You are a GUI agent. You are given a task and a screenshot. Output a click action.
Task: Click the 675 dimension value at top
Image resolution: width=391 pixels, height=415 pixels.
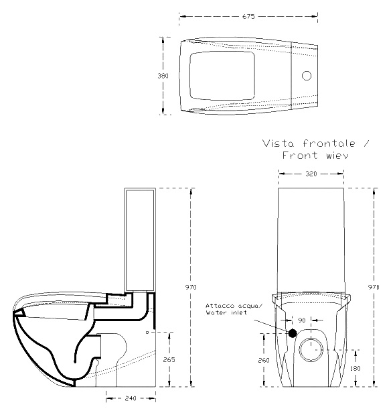248,16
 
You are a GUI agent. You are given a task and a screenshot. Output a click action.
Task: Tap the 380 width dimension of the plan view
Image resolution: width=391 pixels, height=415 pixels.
163,76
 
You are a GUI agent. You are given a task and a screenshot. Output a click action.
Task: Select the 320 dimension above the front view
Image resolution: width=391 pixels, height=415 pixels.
311,174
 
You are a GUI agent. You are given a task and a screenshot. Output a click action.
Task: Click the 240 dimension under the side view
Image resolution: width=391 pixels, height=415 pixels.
131,398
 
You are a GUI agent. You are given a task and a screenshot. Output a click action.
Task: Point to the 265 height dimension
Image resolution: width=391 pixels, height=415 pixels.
169,359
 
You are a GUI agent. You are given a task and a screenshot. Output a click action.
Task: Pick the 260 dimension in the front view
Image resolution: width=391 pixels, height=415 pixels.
264,360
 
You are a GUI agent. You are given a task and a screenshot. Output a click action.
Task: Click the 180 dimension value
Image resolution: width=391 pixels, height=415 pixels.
355,368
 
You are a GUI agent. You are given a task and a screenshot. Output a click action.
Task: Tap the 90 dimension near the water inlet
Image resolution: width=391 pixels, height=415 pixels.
302,320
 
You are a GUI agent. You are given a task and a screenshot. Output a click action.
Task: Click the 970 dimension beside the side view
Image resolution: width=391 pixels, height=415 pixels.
191,287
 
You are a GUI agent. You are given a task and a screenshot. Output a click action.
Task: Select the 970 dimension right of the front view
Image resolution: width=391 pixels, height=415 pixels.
374,287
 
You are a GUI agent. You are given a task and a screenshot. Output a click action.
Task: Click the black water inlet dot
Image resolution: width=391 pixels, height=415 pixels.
293,333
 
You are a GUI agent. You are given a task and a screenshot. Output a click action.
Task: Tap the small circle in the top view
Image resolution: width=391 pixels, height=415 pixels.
307,76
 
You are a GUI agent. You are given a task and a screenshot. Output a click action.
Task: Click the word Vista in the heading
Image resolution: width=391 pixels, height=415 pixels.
278,143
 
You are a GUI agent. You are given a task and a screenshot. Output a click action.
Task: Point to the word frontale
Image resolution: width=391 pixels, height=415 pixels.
329,143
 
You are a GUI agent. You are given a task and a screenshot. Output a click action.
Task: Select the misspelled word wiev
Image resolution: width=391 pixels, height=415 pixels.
337,156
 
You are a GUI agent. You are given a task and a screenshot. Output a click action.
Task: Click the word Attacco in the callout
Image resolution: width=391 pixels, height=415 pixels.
220,306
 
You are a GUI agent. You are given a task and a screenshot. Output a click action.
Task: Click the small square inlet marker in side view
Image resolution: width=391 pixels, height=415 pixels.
147,332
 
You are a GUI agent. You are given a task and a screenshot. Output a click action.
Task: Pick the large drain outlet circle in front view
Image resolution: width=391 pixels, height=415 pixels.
311,349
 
